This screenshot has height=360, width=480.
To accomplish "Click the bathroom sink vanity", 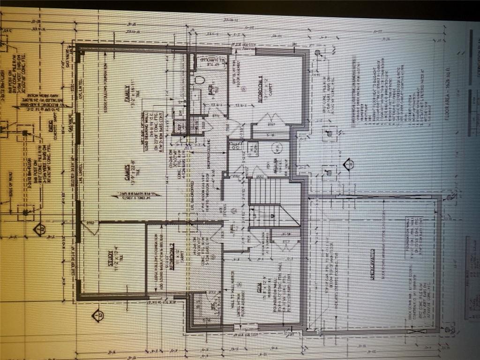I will tap(196, 103).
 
